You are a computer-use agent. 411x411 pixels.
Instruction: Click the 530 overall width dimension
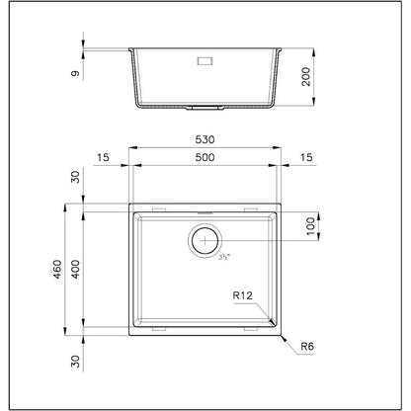pos(205,139)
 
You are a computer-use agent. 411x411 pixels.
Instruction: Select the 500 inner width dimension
pos(205,157)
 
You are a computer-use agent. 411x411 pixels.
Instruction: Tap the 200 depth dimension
pos(306,77)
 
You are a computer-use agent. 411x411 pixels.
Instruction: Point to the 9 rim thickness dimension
pos(75,73)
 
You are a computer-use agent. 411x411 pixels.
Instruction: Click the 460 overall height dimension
pos(57,270)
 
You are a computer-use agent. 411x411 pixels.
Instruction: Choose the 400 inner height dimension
pos(75,270)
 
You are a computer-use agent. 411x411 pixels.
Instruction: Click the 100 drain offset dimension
pos(311,226)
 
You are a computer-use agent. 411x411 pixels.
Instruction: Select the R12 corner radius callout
pos(243,295)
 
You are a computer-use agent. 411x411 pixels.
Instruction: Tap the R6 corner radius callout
pos(307,346)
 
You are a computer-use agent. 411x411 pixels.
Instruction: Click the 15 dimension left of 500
pos(103,157)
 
